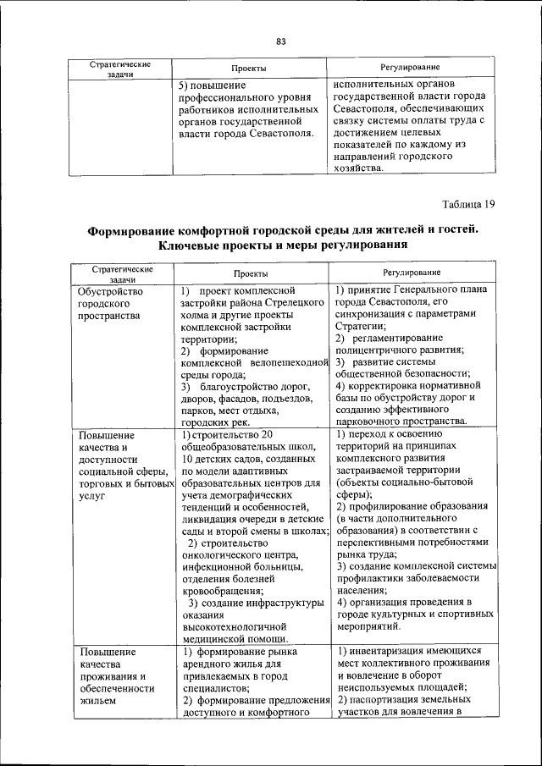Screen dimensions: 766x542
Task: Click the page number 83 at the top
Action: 281,41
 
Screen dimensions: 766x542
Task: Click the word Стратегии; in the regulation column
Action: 361,326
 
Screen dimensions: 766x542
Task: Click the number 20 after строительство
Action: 268,434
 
